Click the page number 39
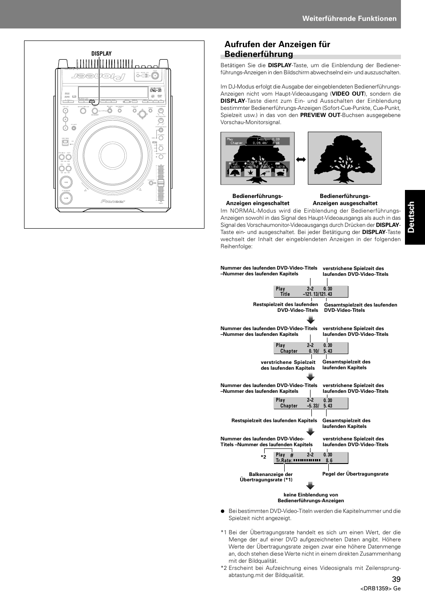tap(396, 579)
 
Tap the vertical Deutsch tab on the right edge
tap(415, 217)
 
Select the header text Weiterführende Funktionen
tap(349, 18)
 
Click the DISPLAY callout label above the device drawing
tap(102, 54)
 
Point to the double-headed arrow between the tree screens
tap(301, 159)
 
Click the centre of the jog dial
tap(113, 155)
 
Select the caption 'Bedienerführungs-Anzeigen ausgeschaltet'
tap(345, 200)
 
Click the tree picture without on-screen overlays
tap(344, 158)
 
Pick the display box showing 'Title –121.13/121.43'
tap(311, 291)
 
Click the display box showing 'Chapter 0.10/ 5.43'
tap(311, 348)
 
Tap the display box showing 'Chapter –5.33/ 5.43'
tap(311, 403)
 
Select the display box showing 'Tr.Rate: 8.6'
tap(311, 458)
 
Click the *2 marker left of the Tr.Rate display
tap(263, 457)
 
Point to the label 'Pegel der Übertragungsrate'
tap(355, 474)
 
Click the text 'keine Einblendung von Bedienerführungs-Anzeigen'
tap(311, 497)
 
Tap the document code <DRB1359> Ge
tap(380, 589)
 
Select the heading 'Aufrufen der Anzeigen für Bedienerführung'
tap(277, 49)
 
